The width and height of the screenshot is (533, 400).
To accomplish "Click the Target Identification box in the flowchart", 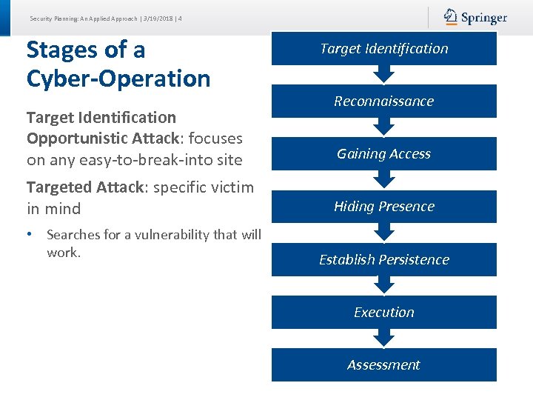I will pos(383,49).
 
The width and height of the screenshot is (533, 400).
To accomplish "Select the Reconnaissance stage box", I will pos(383,101).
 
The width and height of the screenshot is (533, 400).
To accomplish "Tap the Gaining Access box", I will pos(383,154).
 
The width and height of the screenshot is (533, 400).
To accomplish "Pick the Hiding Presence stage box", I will pos(383,207).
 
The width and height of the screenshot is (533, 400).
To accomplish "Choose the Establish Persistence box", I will pos(383,260).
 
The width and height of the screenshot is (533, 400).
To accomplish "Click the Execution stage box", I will pos(383,313).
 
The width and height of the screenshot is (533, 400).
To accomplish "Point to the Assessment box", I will pos(383,365).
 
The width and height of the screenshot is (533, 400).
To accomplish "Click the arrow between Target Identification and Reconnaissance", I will pos(383,74).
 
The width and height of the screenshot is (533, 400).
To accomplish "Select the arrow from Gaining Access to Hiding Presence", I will pos(383,179).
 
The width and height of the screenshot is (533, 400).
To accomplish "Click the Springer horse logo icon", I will pos(451,17).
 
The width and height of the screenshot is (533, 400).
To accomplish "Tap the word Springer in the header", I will pos(484,18).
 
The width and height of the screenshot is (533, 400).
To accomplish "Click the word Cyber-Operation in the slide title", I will pos(118,79).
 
